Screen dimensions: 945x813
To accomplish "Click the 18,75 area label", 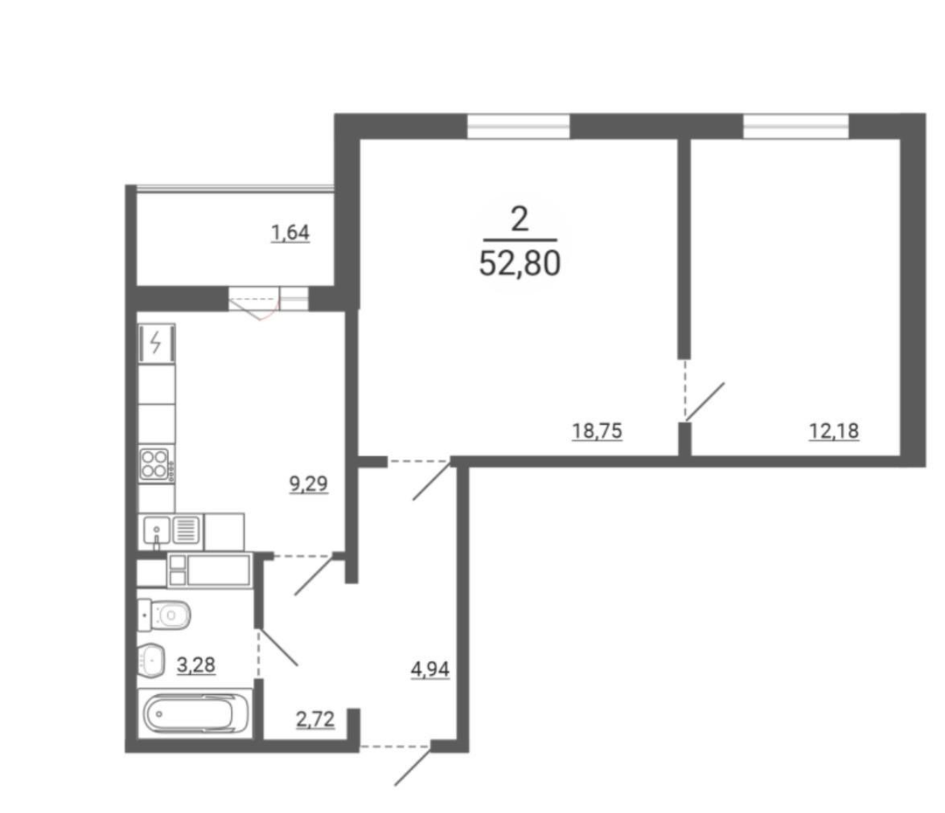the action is (x=597, y=431).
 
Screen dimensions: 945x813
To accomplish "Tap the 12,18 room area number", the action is (x=834, y=431).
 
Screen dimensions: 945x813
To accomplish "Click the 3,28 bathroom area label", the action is (x=196, y=665).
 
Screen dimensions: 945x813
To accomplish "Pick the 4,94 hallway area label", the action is (x=430, y=669).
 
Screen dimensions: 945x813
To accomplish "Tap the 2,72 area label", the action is (x=315, y=719).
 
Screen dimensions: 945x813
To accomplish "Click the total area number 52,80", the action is (x=520, y=263).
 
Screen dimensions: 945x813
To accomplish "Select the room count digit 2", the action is (x=520, y=219).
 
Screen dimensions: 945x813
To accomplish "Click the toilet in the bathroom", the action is (x=164, y=615).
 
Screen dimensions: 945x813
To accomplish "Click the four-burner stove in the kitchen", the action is (x=156, y=464).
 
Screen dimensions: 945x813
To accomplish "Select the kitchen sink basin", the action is (x=157, y=531).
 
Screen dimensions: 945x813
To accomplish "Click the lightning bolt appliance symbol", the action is (x=156, y=344).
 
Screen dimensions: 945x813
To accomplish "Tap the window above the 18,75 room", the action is (x=518, y=127).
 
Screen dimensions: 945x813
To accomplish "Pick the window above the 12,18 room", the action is (x=795, y=127).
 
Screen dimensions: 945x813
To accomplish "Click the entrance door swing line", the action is (x=413, y=766).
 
